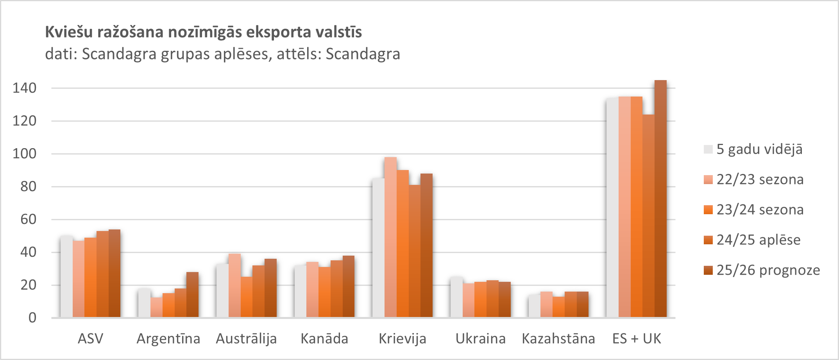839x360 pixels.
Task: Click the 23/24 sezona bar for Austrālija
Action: pyautogui.click(x=246, y=297)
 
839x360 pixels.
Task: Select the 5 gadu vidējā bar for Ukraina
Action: pyautogui.click(x=456, y=297)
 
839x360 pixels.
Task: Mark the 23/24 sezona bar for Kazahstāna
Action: pyautogui.click(x=558, y=307)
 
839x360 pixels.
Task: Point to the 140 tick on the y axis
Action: pyautogui.click(x=25, y=88)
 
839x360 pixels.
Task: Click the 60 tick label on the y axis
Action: pyautogui.click(x=29, y=219)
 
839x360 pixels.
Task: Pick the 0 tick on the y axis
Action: pyautogui.click(x=32, y=317)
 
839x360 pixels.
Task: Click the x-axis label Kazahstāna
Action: pyautogui.click(x=558, y=339)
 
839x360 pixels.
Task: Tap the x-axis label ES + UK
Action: pyautogui.click(x=637, y=339)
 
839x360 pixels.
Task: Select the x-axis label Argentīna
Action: pyautogui.click(x=168, y=339)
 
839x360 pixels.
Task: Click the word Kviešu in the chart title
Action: pyautogui.click(x=68, y=32)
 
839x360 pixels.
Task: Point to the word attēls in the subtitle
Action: pyautogui.click(x=299, y=54)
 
